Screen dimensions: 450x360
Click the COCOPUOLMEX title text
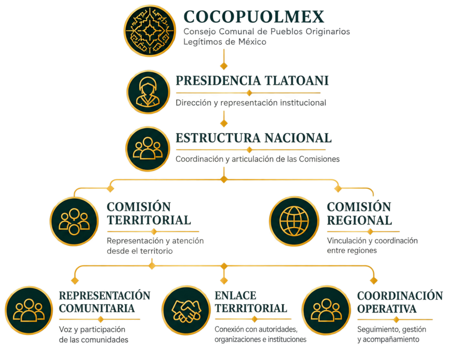tap(254, 17)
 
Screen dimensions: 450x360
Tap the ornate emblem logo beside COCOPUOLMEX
tap(149, 31)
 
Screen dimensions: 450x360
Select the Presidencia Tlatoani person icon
tap(149, 92)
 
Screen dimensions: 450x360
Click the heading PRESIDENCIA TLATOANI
tap(252, 81)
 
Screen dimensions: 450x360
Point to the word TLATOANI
tap(297, 81)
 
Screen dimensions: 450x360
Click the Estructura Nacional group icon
tap(148, 149)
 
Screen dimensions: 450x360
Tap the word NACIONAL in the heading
tap(298, 138)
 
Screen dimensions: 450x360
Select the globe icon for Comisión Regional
tap(294, 222)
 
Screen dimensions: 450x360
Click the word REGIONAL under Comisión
tap(359, 221)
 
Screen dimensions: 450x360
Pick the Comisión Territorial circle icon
tap(74, 222)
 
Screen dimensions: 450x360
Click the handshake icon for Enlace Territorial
tap(186, 310)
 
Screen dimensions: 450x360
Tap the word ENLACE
tap(236, 296)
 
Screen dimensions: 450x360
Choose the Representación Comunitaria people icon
tap(29, 310)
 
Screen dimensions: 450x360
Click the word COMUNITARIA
tap(97, 308)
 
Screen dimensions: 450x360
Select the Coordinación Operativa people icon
tap(327, 310)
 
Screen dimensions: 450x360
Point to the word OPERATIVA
tap(387, 309)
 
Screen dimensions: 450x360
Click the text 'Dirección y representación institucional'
tap(251, 103)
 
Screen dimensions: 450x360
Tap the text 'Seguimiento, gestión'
tap(392, 329)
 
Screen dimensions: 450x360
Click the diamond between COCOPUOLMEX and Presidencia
tap(224, 66)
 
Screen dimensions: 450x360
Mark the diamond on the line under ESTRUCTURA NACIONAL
tap(250, 149)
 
